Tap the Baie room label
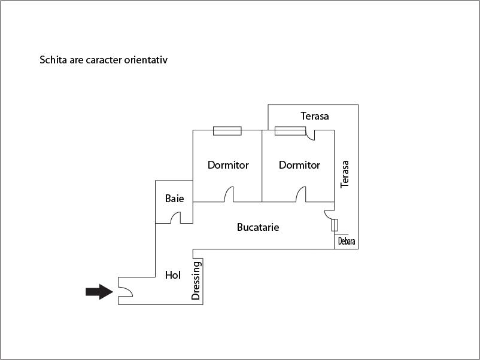(175, 199)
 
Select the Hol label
(173, 275)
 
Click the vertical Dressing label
(196, 280)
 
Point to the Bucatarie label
(258, 227)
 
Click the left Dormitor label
(228, 165)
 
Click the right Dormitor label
(299, 165)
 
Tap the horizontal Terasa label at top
(315, 116)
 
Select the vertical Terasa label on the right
(345, 174)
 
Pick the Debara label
(347, 242)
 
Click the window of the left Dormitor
(227, 130)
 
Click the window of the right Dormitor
(288, 130)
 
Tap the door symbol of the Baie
(177, 218)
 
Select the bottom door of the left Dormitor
(230, 195)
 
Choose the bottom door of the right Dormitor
(300, 195)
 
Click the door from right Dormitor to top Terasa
(310, 135)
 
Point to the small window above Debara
(335, 225)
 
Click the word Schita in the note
(53, 60)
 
